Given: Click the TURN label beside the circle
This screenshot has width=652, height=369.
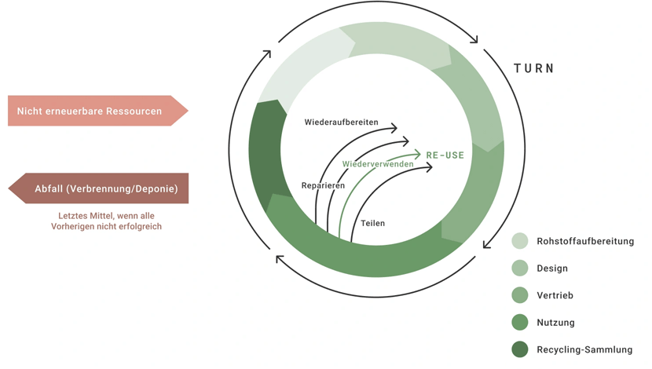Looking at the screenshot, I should [534, 68].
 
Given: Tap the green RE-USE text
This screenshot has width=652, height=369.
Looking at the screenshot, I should [445, 155].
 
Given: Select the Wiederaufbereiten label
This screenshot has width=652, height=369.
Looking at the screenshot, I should [341, 122].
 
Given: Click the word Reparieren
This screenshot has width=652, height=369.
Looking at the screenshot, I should [323, 185].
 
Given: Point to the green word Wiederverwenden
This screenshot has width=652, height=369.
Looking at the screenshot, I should [377, 165].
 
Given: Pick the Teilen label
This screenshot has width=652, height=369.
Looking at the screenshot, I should [372, 223].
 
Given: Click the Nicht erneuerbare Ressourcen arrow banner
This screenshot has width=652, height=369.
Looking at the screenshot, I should [94, 111].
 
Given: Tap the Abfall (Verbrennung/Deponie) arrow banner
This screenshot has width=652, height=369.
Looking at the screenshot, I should [102, 188].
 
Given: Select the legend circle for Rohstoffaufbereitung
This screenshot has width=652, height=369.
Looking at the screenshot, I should [519, 241].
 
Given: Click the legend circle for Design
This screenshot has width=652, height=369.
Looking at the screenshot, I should [519, 269].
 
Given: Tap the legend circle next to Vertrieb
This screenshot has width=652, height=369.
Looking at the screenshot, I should [519, 295].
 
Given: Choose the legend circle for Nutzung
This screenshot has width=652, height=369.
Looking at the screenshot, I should [519, 322].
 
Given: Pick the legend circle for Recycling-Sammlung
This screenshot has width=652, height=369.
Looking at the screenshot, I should [519, 349].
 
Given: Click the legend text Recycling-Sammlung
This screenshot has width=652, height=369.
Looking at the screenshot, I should [584, 349].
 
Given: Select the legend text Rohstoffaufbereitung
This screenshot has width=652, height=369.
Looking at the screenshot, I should [585, 241].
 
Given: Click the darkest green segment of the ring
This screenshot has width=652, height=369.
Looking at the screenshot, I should [265, 153].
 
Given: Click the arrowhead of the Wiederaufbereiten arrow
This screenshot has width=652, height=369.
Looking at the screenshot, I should [394, 128].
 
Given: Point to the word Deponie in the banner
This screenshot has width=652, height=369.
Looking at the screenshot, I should [156, 188].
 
